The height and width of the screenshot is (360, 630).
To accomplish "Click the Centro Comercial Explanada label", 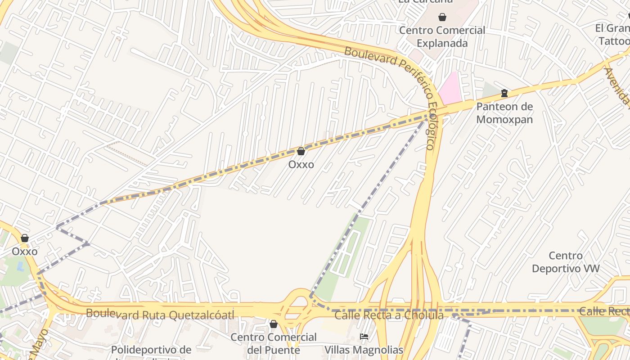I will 442,37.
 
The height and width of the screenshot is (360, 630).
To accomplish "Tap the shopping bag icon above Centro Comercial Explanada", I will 442,17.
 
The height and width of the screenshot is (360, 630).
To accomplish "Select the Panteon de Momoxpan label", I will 504,113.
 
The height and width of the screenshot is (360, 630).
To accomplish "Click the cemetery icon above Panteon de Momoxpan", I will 504,93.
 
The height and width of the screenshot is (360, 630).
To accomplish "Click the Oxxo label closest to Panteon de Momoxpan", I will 301,165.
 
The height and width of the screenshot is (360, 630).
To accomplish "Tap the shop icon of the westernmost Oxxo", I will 25,238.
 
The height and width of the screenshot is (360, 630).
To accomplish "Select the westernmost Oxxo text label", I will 25,252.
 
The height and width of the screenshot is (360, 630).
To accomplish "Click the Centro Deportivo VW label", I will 566,262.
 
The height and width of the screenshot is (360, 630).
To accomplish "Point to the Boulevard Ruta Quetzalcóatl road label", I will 160,315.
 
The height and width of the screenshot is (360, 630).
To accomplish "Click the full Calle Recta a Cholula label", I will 389,315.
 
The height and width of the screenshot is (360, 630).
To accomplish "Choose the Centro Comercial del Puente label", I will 274,343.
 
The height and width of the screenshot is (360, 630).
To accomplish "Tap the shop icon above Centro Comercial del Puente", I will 274,324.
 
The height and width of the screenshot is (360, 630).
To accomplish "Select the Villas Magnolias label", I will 364,350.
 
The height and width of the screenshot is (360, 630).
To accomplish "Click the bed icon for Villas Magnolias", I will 364,336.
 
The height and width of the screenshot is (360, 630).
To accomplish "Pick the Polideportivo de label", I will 151,350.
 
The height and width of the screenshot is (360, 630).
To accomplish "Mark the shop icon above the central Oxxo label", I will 301,151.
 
